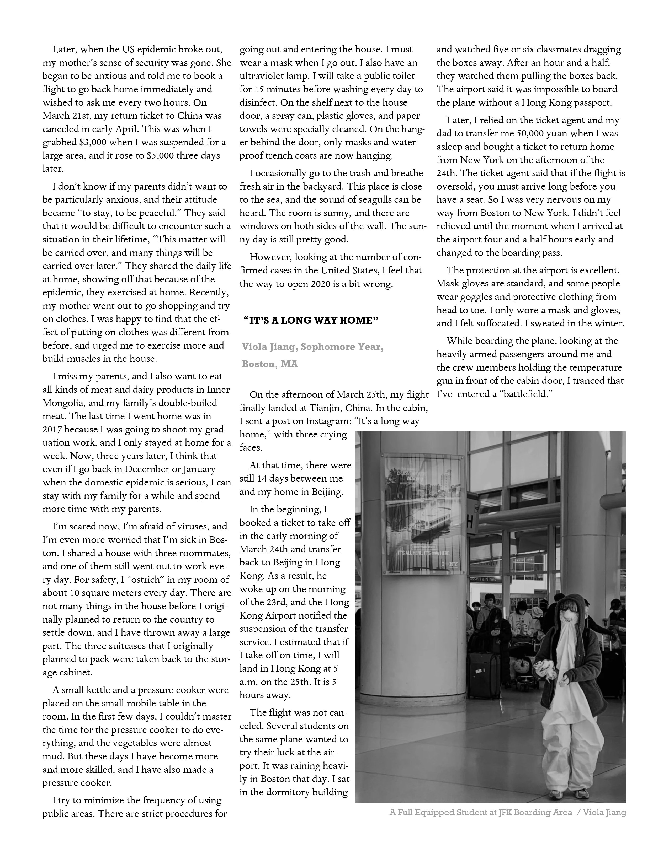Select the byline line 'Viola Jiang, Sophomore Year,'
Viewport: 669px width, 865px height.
312,347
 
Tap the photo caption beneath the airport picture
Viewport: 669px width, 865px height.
507,812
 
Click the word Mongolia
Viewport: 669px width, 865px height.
63,403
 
